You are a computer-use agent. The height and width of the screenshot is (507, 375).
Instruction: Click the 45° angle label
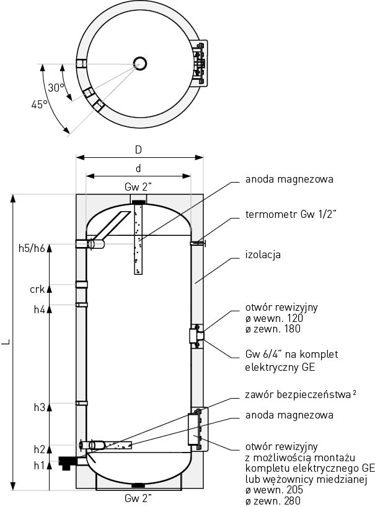point(39,105)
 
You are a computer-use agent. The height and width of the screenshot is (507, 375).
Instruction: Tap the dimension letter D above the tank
point(139,149)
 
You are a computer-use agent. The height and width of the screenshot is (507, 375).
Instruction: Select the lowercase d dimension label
point(138,168)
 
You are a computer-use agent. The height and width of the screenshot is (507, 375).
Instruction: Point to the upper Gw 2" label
point(138,188)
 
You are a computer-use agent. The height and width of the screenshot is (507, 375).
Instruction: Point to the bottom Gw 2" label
point(138,498)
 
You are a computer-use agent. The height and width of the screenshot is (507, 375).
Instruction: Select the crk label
point(38,288)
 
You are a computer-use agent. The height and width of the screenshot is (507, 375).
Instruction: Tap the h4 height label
point(40,309)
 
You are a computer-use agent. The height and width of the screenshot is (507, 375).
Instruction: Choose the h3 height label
point(40,407)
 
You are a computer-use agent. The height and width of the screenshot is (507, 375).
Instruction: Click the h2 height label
point(40,449)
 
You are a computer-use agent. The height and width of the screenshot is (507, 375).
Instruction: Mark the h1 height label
point(40,465)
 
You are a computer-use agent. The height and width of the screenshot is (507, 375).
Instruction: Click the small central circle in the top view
point(139,63)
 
